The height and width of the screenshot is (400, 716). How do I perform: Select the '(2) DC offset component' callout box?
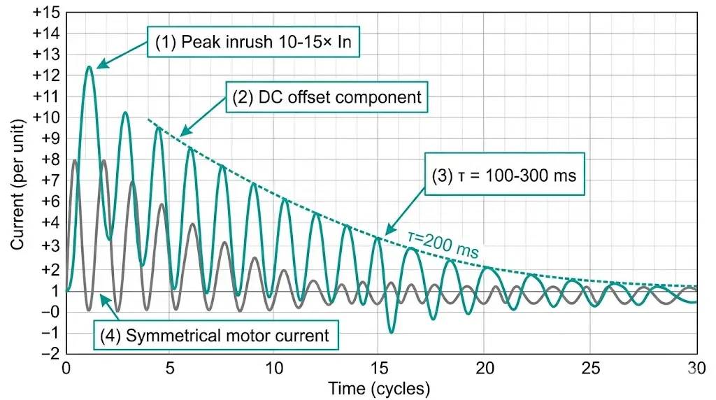[x=327, y=97]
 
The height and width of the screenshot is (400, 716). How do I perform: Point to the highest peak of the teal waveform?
[x=89, y=67]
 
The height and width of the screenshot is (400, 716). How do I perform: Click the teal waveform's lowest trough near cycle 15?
[x=391, y=332]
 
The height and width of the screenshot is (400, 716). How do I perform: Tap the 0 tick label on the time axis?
[x=66, y=369]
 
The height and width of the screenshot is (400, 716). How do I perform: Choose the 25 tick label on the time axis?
[x=590, y=369]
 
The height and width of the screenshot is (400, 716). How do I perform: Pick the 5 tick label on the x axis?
[x=171, y=369]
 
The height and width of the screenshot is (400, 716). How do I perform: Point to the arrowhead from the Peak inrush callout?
[x=99, y=66]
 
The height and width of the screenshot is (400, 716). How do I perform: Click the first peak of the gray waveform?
[x=75, y=160]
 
